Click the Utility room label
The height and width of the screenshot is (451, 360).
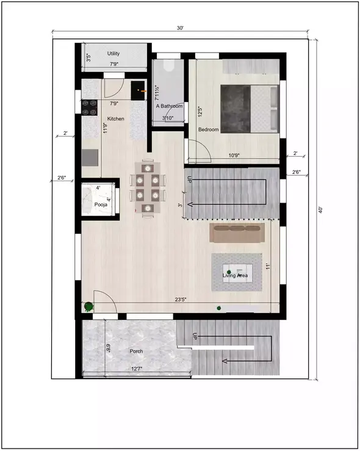click(113, 54)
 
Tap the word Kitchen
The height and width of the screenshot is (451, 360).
click(117, 119)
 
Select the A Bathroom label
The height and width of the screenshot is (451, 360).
click(169, 106)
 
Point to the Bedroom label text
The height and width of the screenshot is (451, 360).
click(209, 129)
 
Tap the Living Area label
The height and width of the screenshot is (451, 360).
click(235, 276)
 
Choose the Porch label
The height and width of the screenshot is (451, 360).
click(137, 352)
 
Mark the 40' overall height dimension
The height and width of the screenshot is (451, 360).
click(320, 209)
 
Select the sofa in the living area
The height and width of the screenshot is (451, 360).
click(236, 233)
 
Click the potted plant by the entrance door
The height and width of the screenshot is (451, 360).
click(89, 306)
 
